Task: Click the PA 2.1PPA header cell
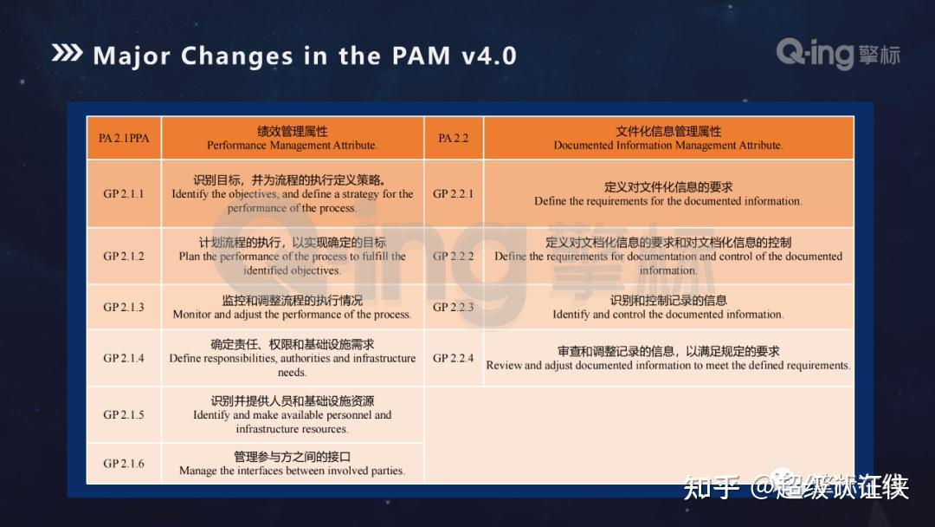[x=124, y=138]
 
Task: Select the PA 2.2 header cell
[x=453, y=138]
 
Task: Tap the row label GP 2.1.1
[x=124, y=194]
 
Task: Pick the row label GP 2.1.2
[x=124, y=257]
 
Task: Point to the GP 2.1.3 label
[x=124, y=307]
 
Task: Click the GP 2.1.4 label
[x=124, y=358]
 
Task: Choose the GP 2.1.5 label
[x=124, y=414]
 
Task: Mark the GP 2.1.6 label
[x=124, y=464]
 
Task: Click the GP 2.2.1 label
[x=453, y=194]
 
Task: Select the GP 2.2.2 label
[x=453, y=257]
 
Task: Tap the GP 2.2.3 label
[x=453, y=307]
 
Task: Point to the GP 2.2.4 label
[x=453, y=358]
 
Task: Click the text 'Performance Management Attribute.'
[x=292, y=146]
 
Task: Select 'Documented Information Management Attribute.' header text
[x=668, y=146]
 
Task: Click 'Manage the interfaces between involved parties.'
[x=292, y=471]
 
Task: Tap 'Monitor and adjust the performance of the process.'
[x=292, y=315]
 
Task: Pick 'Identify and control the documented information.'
[x=668, y=315]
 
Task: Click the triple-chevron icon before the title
[x=68, y=54]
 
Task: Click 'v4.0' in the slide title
[x=488, y=56]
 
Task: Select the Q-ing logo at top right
[x=837, y=54]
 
